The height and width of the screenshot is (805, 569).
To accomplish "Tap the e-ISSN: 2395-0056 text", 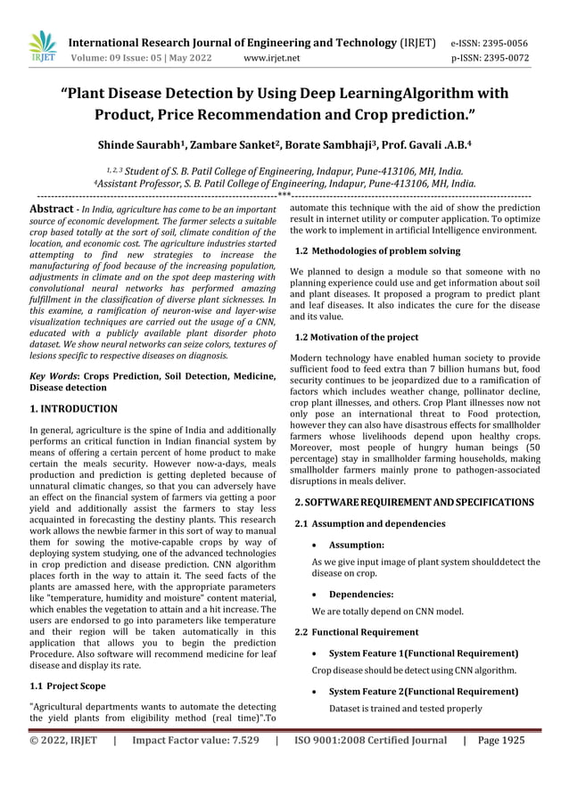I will [490, 43].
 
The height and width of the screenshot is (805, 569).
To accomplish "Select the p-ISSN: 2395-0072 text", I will [490, 59].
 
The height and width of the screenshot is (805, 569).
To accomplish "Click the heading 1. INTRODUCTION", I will [74, 409].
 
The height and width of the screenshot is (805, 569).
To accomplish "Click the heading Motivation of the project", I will [365, 337].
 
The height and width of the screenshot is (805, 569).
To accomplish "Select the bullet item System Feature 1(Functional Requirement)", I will [424, 653].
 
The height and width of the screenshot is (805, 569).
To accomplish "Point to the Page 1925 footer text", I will [501, 740].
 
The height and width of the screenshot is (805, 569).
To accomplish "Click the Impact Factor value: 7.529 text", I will [195, 740].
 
